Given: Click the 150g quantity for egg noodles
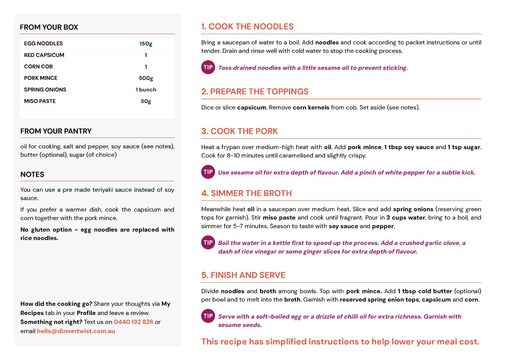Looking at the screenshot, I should click(146, 44).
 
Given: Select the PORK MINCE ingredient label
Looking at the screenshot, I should click(41, 78).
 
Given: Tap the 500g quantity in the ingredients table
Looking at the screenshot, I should click(146, 78).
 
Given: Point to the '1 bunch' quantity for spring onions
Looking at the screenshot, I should click(146, 90).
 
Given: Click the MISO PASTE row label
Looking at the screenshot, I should click(40, 101).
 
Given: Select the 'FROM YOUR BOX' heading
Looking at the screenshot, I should click(49, 27).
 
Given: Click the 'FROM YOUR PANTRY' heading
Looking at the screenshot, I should click(56, 131).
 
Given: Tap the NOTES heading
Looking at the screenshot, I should click(32, 175).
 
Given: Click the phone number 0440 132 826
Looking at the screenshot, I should click(134, 322).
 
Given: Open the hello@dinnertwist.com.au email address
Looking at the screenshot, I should click(76, 331).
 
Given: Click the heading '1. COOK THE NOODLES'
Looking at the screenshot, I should click(247, 26).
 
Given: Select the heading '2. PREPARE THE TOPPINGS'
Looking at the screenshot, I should click(255, 91).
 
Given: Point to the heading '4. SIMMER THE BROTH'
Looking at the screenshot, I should click(246, 193).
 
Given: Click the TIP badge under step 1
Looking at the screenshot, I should click(208, 67).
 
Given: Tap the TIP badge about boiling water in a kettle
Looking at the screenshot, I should click(208, 243).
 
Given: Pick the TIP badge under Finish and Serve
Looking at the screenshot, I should click(208, 316).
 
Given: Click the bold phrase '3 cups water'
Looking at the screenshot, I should click(406, 218).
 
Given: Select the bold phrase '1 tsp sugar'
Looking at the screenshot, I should click(464, 147).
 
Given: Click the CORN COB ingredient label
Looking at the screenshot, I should click(38, 67).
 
